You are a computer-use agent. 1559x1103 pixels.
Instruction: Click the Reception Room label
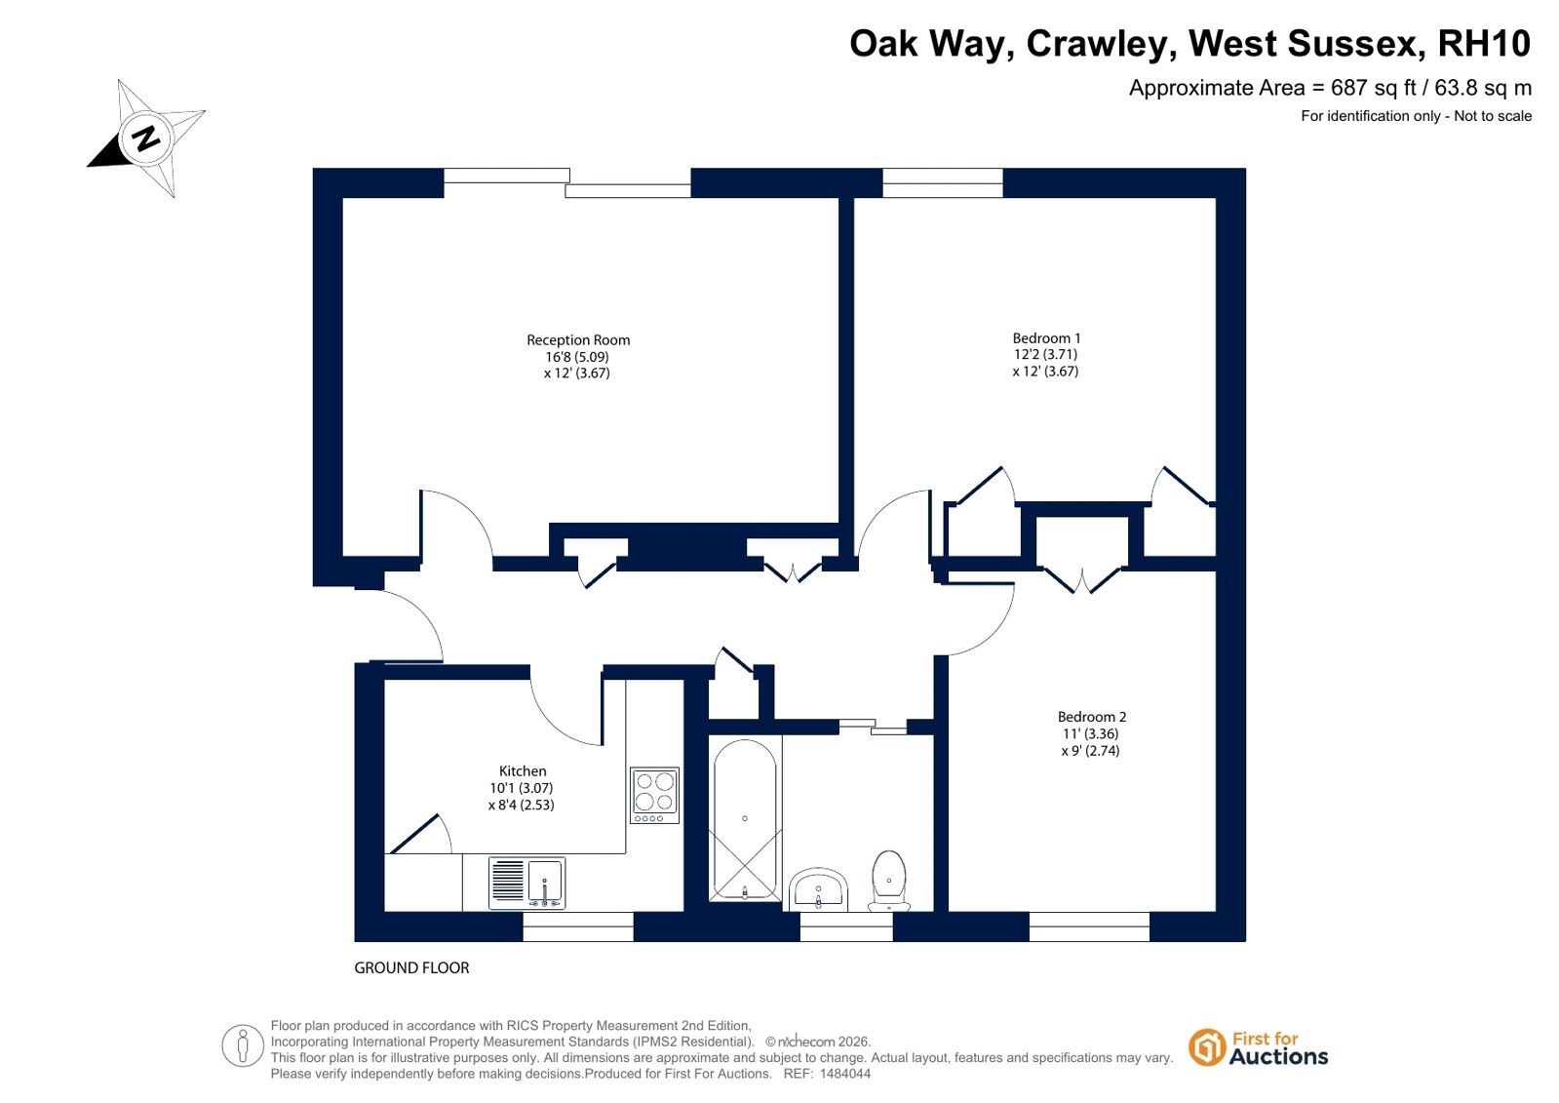577,339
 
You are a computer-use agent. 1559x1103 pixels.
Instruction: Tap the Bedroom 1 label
1046,338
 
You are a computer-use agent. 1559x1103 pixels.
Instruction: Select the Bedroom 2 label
1091,717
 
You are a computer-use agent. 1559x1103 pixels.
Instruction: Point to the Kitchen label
523,770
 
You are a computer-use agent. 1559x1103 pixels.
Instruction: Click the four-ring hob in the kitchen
654,795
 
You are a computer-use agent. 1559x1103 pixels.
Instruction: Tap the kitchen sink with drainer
526,883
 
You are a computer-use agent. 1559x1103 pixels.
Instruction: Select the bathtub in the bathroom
745,820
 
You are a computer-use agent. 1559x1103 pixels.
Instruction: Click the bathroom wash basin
818,889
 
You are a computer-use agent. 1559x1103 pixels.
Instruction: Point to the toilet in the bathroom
889,881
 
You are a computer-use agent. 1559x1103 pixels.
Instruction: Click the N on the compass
146,138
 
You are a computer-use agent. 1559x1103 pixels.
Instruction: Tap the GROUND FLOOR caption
411,967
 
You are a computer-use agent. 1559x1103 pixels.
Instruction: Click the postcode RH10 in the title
1484,43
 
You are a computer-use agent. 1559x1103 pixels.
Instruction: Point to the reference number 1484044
845,1074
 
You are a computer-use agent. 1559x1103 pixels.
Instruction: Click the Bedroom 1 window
943,182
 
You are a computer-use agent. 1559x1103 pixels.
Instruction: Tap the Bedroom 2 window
1089,926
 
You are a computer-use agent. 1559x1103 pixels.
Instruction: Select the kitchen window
578,926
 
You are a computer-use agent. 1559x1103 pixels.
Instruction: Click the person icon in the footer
242,1045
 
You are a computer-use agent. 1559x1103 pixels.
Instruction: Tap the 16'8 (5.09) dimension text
577,357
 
